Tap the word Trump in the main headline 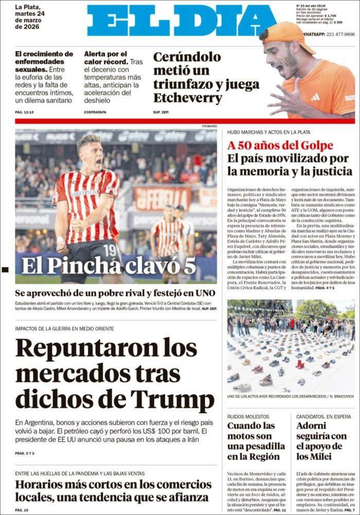click(173, 400)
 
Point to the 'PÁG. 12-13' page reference click(24, 112)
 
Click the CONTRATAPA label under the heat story click(95, 112)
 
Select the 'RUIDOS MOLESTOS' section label click(248, 416)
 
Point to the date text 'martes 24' click(30, 14)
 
